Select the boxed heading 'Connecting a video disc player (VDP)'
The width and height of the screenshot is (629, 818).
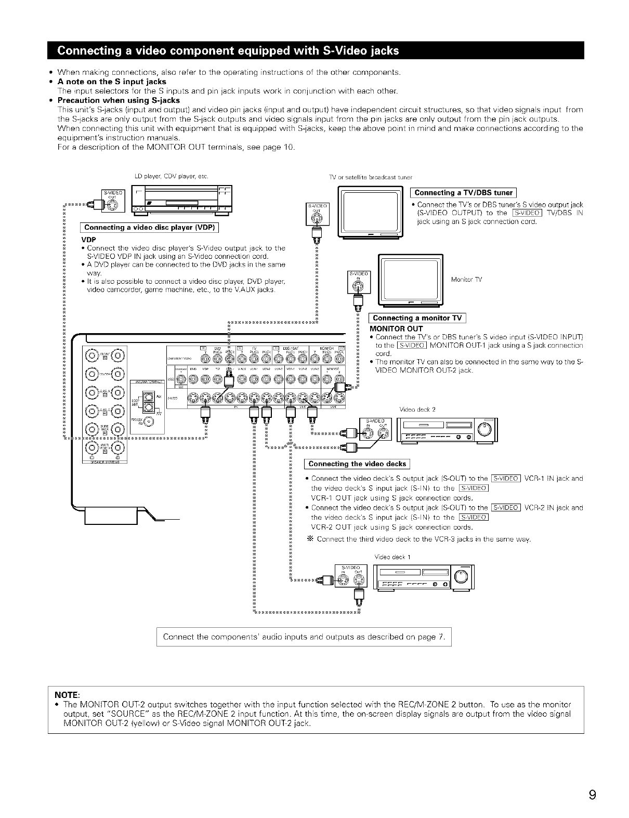[149, 227]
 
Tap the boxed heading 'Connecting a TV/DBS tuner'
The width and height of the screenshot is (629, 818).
[463, 193]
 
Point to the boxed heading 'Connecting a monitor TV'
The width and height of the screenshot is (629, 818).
[417, 318]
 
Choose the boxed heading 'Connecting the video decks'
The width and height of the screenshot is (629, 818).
[357, 464]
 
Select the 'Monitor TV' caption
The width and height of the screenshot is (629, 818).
[466, 280]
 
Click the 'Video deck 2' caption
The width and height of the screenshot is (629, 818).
[417, 409]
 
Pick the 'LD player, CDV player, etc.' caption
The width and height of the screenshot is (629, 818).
[172, 177]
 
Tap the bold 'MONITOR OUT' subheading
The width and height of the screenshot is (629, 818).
[396, 329]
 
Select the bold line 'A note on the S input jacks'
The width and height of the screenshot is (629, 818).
[112, 82]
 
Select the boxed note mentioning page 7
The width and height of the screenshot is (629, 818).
[304, 637]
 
